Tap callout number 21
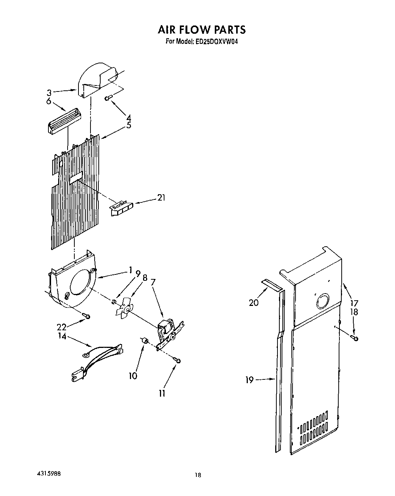(161, 198)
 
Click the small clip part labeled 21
(121, 208)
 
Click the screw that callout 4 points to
(108, 98)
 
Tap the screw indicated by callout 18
(355, 338)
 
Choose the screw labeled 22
(88, 316)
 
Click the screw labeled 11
(178, 360)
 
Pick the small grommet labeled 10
(145, 340)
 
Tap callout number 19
(250, 380)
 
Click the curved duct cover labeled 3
(95, 81)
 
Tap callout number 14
(62, 336)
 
